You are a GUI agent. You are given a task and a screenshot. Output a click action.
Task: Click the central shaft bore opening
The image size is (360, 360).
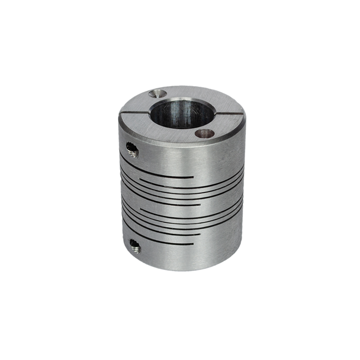[182, 112]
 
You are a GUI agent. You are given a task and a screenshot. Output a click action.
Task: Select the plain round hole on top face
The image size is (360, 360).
[204, 133]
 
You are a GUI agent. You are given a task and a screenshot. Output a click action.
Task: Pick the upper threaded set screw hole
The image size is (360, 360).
[132, 148]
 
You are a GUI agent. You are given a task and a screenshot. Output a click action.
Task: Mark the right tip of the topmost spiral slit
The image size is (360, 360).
[193, 177]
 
